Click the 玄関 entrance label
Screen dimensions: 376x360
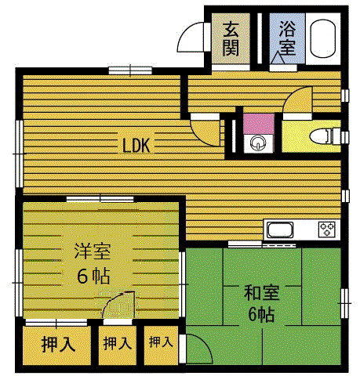click(231, 38)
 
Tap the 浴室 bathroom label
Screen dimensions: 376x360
click(285, 38)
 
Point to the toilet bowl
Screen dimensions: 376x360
click(322, 136)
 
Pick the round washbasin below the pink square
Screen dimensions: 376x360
click(256, 143)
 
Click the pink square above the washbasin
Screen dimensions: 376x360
click(256, 124)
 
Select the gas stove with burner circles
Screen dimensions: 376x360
click(326, 230)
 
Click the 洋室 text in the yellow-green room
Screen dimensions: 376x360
click(92, 251)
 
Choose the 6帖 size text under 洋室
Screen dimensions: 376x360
click(93, 276)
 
